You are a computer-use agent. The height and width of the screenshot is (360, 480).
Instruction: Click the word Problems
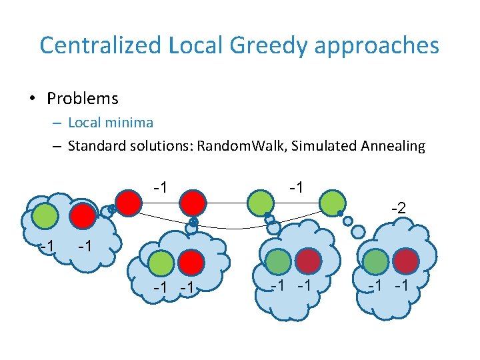(x=83, y=99)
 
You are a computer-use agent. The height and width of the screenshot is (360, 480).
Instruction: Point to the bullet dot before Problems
(x=32, y=99)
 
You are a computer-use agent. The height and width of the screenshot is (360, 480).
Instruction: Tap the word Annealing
(x=391, y=145)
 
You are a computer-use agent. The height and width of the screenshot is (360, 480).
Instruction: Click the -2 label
(x=397, y=209)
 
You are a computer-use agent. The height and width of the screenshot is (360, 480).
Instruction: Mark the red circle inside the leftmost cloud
(x=83, y=215)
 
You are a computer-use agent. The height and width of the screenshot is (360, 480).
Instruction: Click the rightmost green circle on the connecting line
(x=333, y=202)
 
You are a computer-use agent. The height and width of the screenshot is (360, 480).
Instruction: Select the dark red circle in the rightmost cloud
(x=406, y=260)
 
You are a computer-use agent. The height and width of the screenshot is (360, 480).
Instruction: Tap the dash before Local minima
(x=57, y=123)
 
